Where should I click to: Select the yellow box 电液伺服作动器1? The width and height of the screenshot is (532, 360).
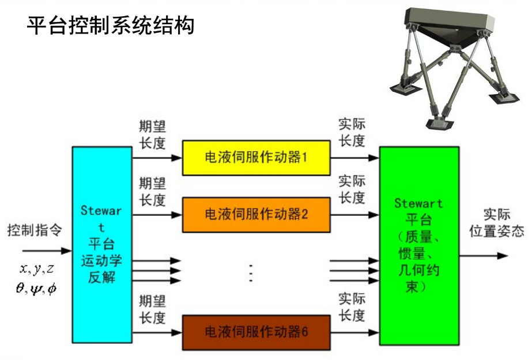tap(256, 157)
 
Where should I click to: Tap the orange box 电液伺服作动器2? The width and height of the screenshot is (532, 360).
tap(256, 214)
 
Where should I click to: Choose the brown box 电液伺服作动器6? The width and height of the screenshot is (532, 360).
tap(256, 333)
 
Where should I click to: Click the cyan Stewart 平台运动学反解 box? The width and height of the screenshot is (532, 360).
tap(101, 245)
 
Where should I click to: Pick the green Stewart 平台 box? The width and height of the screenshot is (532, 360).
tap(419, 245)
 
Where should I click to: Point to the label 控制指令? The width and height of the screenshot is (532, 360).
tap(33, 230)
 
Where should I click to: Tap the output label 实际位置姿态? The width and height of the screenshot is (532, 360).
tap(496, 223)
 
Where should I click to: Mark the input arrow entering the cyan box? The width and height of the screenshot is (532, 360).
tap(47, 251)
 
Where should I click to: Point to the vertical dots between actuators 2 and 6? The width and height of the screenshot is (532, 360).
tap(251, 272)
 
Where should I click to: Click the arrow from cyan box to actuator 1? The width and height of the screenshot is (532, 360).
tap(157, 157)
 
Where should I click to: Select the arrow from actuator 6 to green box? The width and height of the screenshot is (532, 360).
tap(354, 333)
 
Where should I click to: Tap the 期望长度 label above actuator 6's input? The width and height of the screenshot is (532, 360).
tap(152, 309)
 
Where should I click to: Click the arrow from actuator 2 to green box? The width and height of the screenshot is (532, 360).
tap(354, 214)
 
